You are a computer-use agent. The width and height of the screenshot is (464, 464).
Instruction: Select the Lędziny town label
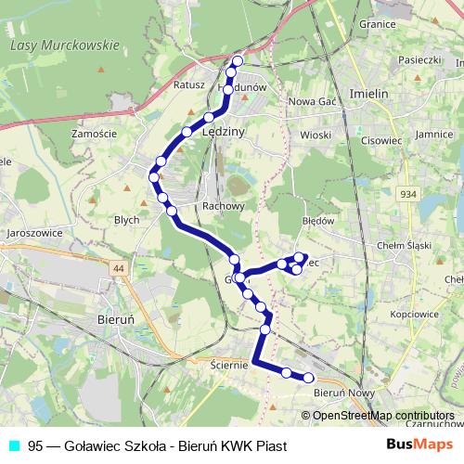[223, 133]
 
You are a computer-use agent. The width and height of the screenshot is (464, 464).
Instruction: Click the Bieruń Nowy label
[343, 393]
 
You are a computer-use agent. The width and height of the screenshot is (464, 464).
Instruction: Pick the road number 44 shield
[118, 268]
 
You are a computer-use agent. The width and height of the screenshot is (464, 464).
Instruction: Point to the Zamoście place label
[93, 134]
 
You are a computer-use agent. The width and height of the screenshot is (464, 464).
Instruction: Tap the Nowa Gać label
[313, 102]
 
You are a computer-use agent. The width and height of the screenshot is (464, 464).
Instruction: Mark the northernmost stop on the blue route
[237, 61]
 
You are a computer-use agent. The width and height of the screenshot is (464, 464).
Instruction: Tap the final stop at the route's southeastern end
[309, 378]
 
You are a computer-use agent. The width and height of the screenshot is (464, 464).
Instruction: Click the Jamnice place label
[434, 135]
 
